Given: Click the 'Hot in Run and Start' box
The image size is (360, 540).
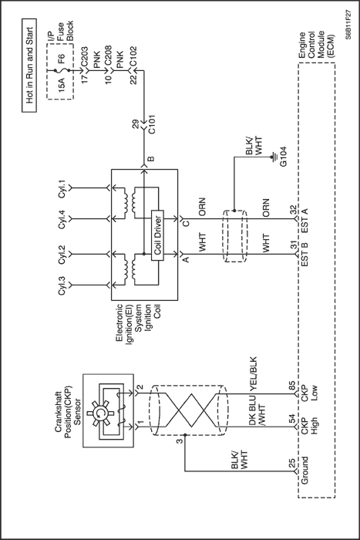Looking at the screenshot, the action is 29,66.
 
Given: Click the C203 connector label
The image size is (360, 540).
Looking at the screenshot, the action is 85,58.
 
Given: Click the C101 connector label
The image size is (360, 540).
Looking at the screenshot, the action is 152,124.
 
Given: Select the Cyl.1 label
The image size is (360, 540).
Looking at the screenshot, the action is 62,188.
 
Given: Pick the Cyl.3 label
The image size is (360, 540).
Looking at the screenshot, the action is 62,285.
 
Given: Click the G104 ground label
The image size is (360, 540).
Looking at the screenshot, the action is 283,157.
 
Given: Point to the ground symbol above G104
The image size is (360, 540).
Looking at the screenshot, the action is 274,157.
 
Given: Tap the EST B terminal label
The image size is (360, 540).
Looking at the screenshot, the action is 304,254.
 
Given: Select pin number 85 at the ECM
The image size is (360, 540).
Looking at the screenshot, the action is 291,386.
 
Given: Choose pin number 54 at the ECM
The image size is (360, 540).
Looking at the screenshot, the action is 291,419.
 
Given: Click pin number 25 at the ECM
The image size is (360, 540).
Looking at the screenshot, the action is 291,463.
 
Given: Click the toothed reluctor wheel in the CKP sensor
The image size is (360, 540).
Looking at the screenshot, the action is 99,413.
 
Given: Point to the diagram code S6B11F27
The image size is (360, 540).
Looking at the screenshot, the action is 348,25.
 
